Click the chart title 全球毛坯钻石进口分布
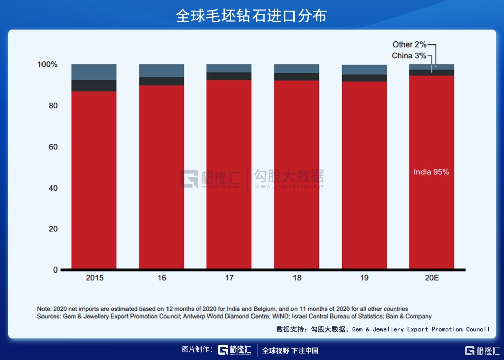(x=251, y=16)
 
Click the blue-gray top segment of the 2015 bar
(x=94, y=72)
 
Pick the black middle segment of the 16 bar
(x=161, y=81)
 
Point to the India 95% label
(x=431, y=172)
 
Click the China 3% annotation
(x=409, y=56)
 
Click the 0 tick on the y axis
(x=55, y=270)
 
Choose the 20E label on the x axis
(x=431, y=278)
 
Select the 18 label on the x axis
(x=297, y=278)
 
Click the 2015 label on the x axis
(x=95, y=278)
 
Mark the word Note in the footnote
(x=44, y=309)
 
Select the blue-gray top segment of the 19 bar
(x=364, y=70)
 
